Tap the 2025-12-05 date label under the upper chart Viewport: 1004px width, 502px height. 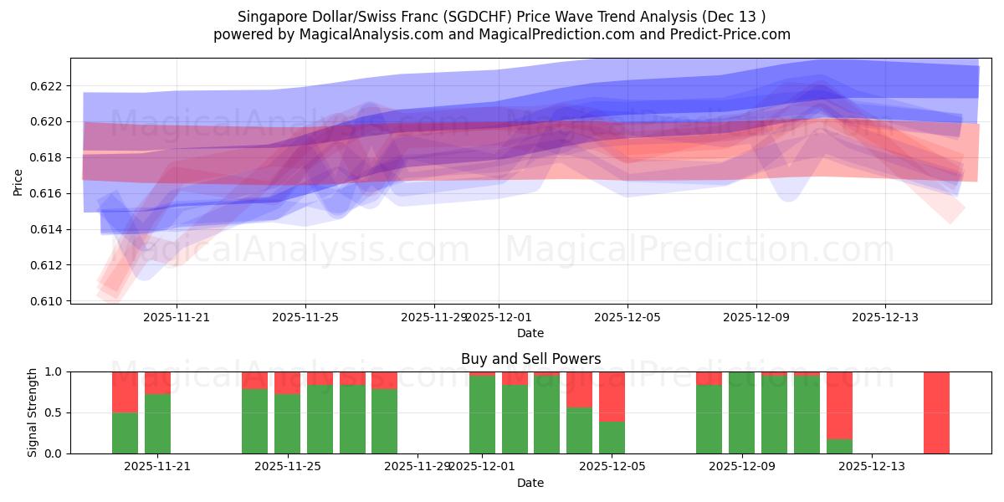(627, 317)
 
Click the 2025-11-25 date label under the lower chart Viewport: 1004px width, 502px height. (287, 467)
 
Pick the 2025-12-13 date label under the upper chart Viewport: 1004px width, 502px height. (885, 317)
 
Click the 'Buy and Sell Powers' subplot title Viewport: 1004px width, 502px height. (530, 359)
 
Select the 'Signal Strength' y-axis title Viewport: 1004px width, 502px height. (33, 412)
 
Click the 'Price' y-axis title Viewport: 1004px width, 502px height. (18, 182)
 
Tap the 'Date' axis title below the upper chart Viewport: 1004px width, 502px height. (530, 333)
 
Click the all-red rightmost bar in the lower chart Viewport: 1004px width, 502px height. (936, 412)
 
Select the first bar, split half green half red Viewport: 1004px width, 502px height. (125, 412)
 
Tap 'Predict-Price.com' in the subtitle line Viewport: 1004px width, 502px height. (726, 34)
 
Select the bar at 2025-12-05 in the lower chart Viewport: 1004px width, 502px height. (612, 412)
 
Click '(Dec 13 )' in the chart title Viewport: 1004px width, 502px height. (733, 17)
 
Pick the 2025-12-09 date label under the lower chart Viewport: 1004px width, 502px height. (741, 467)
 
